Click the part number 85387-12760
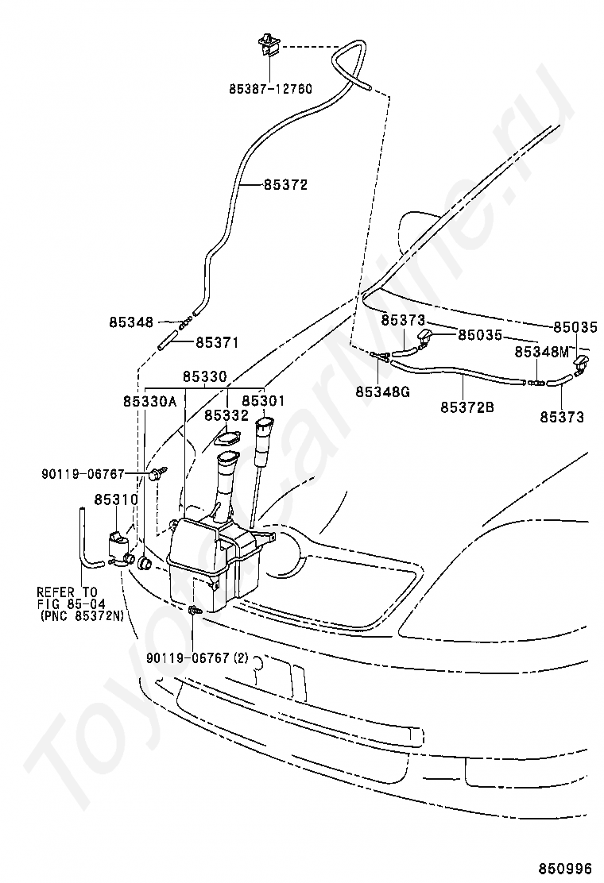click(270, 89)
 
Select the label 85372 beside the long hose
click(285, 185)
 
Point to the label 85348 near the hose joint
click(131, 322)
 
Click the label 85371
click(217, 342)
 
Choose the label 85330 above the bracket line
click(204, 376)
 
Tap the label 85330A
click(150, 401)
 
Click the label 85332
click(226, 415)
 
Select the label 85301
click(264, 401)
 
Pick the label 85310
click(116, 499)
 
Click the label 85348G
click(382, 391)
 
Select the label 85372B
click(467, 407)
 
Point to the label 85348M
click(541, 352)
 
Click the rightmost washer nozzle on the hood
click(582, 364)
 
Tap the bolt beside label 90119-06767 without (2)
click(155, 472)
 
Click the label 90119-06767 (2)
click(197, 657)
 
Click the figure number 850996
click(564, 869)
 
